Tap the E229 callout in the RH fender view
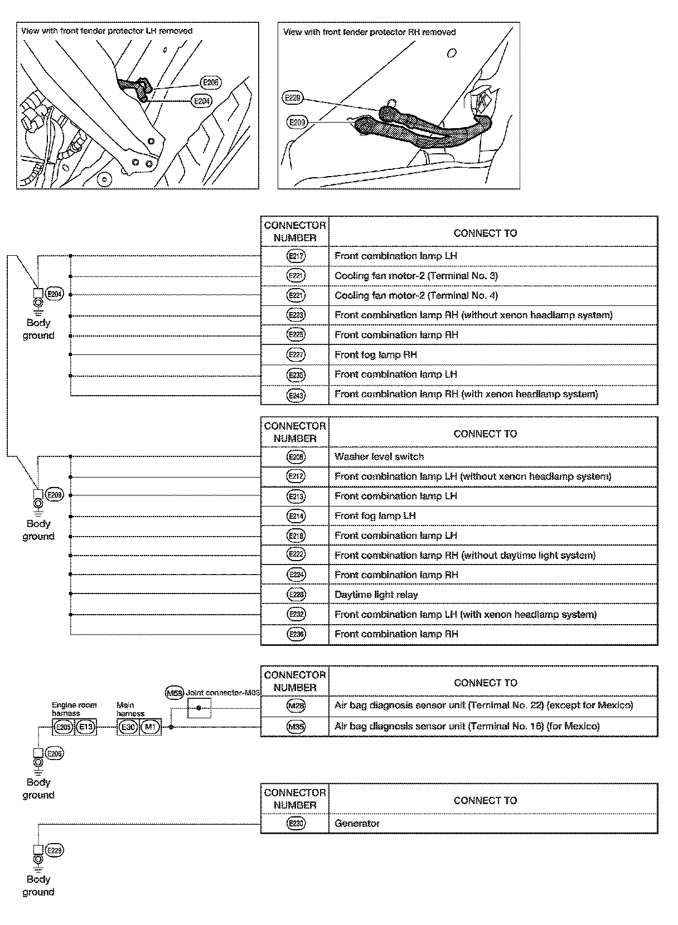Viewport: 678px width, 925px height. coord(293,98)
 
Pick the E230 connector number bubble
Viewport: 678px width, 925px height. coord(296,823)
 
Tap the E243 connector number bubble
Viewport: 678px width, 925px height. coord(296,395)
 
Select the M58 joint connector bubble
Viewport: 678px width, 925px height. coord(175,693)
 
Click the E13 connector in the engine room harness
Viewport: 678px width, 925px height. coord(86,727)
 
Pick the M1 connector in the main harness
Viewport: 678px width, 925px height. coord(150,727)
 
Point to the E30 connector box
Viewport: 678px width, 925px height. coord(128,727)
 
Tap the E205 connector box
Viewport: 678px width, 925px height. coord(64,727)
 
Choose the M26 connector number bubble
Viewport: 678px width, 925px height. coord(296,706)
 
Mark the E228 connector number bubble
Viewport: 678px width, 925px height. coord(296,595)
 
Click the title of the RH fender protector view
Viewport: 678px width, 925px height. coord(369,32)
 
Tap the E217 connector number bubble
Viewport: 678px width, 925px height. coord(296,256)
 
